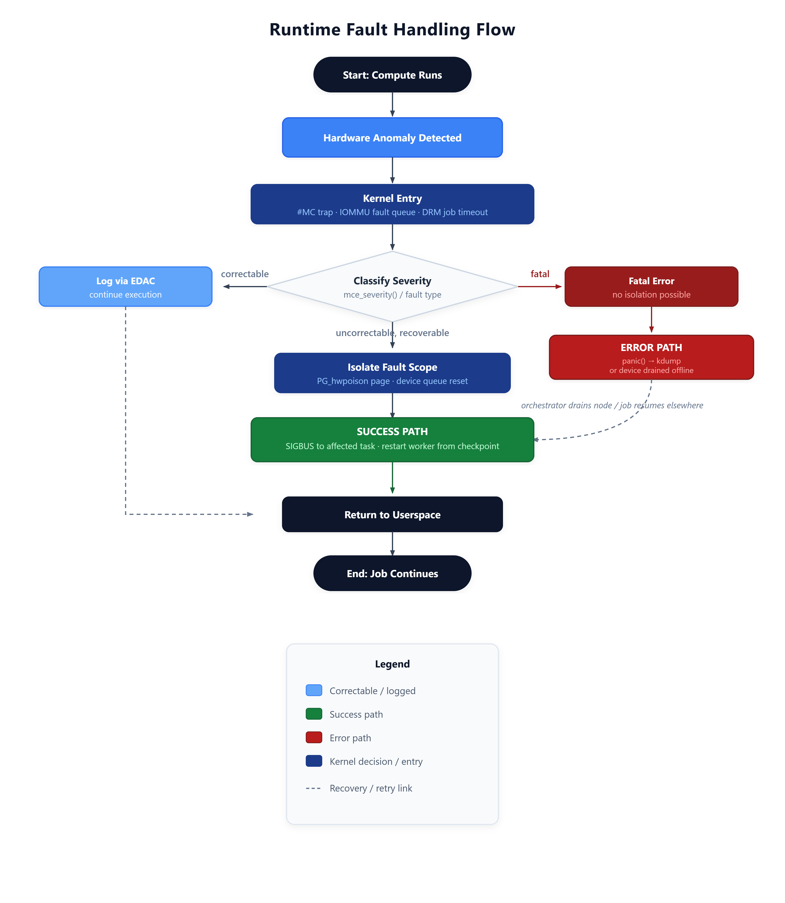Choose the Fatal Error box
(651, 287)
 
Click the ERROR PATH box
(651, 357)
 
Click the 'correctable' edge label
(245, 274)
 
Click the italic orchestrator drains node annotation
(612, 405)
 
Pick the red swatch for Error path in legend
(314, 737)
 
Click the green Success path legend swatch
(314, 714)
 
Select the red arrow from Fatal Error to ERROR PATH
(651, 319)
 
